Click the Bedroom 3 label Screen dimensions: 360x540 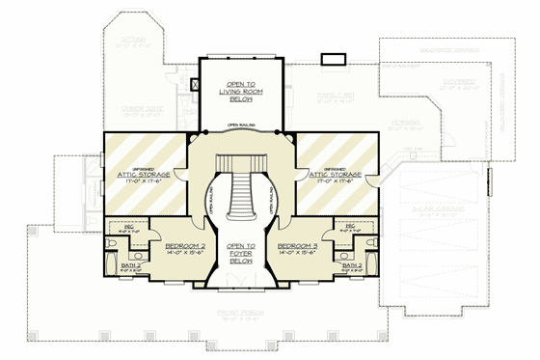click(297, 246)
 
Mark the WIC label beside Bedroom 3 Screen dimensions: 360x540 click(343, 229)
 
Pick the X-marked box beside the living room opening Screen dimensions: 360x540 click(196, 85)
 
